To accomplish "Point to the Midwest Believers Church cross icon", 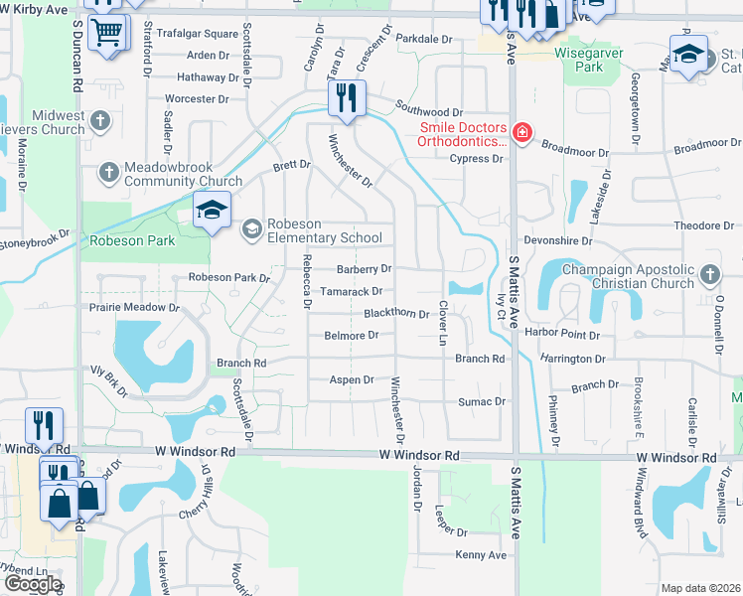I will [98, 121].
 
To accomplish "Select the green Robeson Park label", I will [132, 240].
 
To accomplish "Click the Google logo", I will [33, 584].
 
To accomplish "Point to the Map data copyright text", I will [700, 588].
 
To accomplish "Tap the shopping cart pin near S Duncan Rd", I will [107, 31].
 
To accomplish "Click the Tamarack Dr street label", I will [351, 291].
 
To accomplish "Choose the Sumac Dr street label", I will [482, 402].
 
